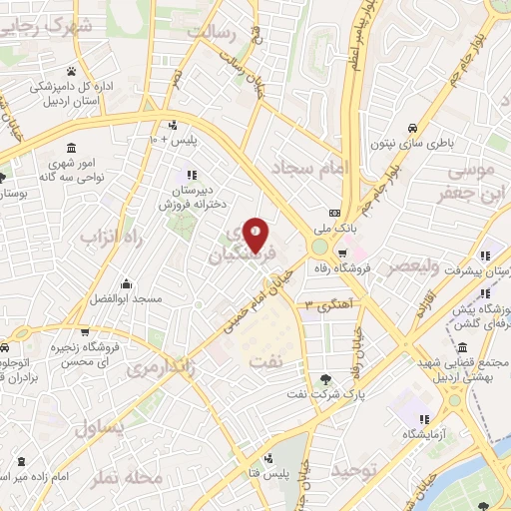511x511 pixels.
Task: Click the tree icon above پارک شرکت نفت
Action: coord(325,378)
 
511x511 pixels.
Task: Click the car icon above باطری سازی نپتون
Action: coord(412,128)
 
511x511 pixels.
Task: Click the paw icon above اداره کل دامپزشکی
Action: coord(72,70)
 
